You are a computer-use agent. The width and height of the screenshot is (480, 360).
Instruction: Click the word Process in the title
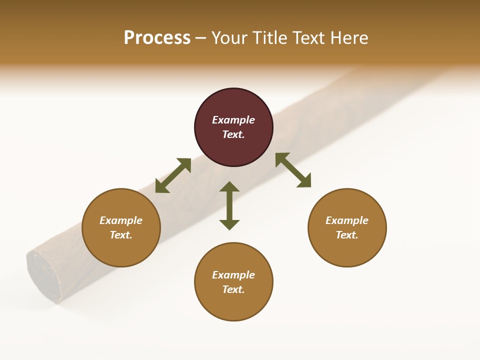[x=157, y=38]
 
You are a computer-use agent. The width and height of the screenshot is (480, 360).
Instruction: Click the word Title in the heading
[x=268, y=38]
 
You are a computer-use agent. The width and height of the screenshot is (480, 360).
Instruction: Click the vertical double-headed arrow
[x=229, y=205]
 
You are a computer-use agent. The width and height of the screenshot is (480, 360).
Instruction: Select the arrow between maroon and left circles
[x=173, y=175]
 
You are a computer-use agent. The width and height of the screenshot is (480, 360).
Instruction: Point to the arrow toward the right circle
[x=293, y=170]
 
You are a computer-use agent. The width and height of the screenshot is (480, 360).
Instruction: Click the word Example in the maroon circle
[x=233, y=120]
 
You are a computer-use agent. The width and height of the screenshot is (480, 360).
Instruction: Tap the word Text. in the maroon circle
[x=233, y=134]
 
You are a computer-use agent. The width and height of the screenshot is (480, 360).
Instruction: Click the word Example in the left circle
[x=121, y=220]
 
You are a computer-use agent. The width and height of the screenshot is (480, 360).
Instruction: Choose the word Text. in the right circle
[x=347, y=235]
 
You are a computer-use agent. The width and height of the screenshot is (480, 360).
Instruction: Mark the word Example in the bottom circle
[x=233, y=275]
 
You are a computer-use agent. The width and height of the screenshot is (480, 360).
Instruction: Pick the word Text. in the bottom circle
[x=233, y=289]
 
